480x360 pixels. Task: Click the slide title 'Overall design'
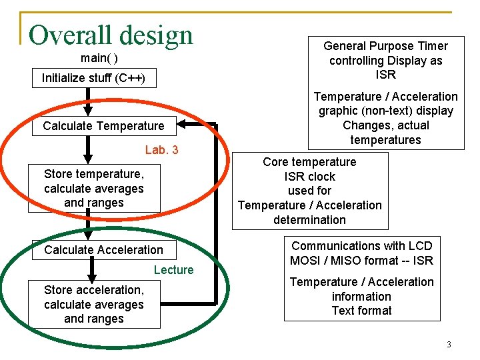(111, 35)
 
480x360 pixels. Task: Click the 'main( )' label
(99, 59)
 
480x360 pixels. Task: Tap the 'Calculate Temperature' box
(103, 126)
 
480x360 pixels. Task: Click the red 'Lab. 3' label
(161, 150)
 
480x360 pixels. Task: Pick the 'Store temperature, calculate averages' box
(94, 188)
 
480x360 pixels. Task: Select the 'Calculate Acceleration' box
(103, 250)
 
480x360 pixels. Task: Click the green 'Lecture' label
(173, 270)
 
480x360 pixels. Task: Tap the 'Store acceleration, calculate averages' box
(94, 304)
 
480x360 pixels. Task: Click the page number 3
(449, 345)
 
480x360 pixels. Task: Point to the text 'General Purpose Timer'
(385, 46)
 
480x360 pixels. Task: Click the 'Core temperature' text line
(309, 162)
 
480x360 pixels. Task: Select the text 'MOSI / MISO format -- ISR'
(361, 261)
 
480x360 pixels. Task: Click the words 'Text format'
(361, 311)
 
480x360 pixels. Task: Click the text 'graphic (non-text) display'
(385, 111)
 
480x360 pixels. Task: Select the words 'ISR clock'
(309, 177)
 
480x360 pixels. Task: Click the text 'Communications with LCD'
(361, 246)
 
